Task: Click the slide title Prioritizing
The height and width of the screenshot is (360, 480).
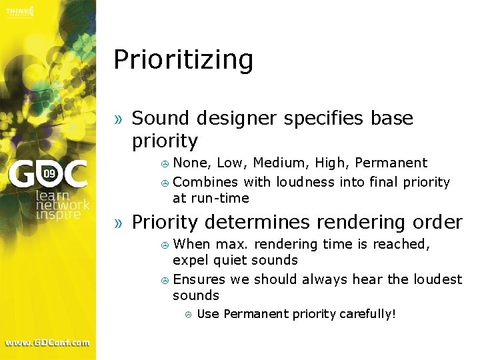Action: (x=183, y=60)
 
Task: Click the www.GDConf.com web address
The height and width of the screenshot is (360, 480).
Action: (x=47, y=343)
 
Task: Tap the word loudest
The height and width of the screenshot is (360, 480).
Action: (x=436, y=279)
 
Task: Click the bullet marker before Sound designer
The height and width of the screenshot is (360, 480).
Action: (x=119, y=119)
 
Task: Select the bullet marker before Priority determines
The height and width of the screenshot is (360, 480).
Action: (x=119, y=223)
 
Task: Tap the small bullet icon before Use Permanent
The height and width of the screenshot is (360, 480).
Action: (x=188, y=314)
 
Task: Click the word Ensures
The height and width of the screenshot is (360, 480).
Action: (x=198, y=279)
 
